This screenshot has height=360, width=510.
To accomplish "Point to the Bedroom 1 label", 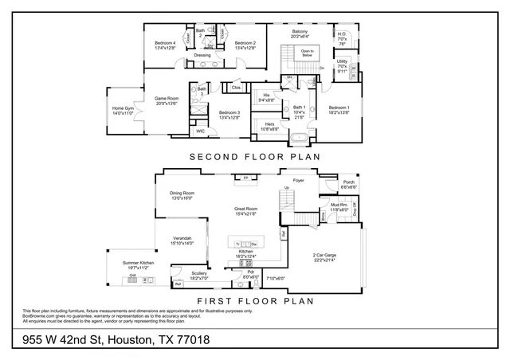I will [x=339, y=109].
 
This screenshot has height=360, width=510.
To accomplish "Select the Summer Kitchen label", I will [x=137, y=265].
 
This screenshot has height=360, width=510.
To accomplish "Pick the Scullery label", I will [x=176, y=276].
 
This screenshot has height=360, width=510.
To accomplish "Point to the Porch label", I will [x=348, y=184].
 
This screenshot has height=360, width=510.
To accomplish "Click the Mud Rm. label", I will [x=338, y=207].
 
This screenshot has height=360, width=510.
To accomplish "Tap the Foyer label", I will [x=299, y=181].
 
